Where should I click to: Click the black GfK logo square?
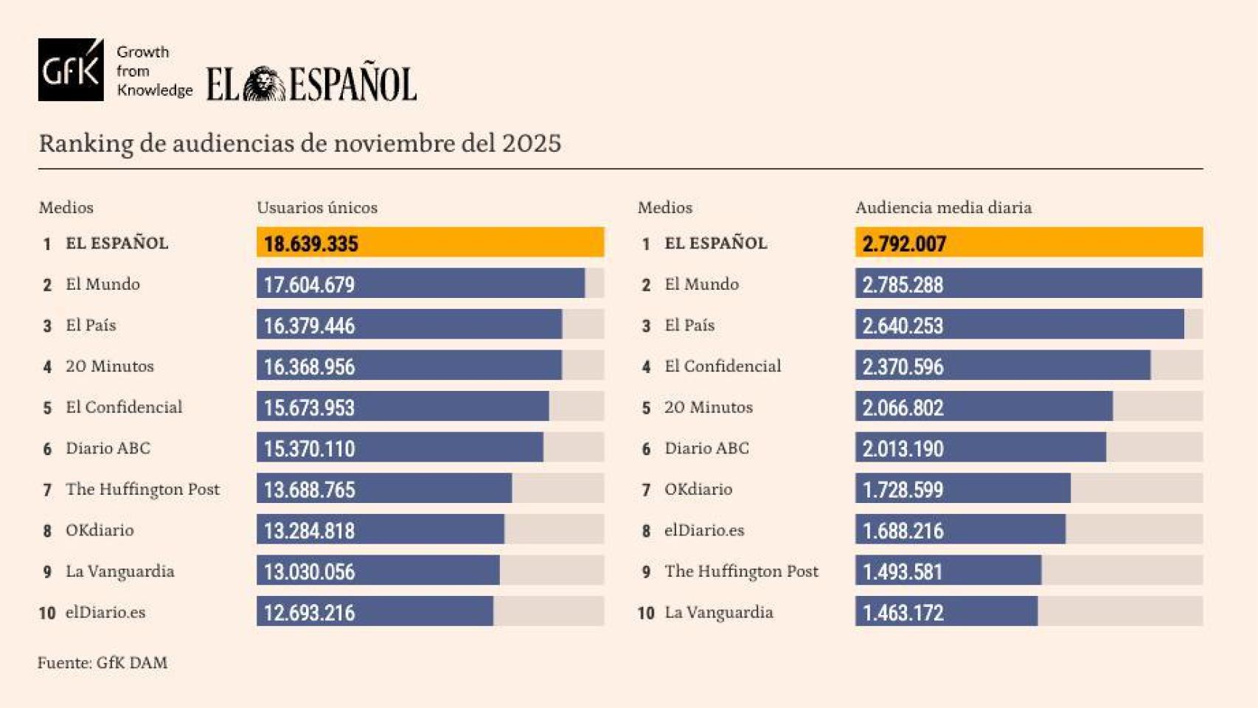(71, 70)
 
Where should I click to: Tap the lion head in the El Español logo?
(264, 84)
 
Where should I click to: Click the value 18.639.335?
(310, 243)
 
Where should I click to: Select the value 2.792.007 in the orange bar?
(903, 243)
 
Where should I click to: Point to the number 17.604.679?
(309, 285)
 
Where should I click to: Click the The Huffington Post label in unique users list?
(142, 489)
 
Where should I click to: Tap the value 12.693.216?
(309, 613)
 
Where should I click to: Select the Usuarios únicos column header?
(316, 208)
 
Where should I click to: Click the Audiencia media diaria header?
(942, 208)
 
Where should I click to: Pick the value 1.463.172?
(903, 613)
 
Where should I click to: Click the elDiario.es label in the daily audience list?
(703, 530)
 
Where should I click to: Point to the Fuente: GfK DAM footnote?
(102, 662)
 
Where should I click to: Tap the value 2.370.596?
(903, 367)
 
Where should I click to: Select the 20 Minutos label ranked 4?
(109, 367)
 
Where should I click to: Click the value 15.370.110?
(309, 448)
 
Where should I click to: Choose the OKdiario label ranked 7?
(698, 489)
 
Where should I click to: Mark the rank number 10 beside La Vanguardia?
(645, 613)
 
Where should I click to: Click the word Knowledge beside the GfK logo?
(154, 90)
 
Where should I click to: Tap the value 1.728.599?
(903, 490)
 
